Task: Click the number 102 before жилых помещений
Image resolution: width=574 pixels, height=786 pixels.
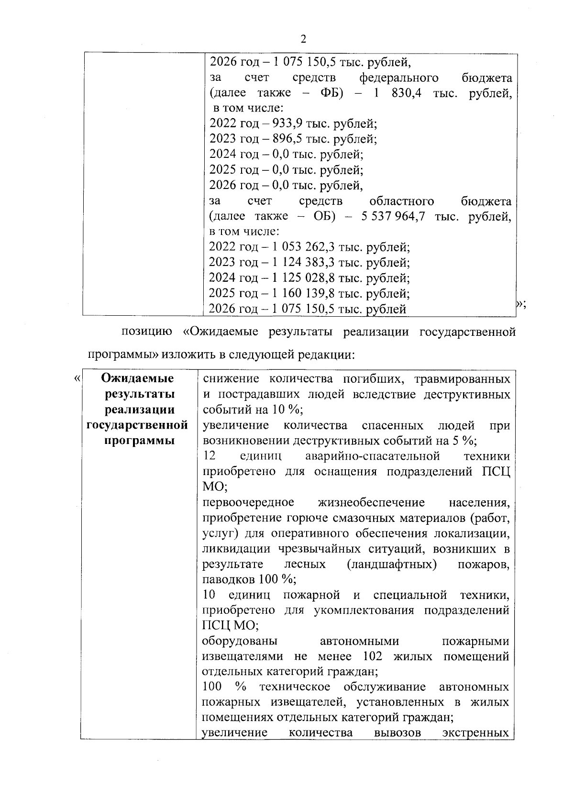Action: (x=374, y=656)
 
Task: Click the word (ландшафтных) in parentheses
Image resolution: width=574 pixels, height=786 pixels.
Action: (x=392, y=565)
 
